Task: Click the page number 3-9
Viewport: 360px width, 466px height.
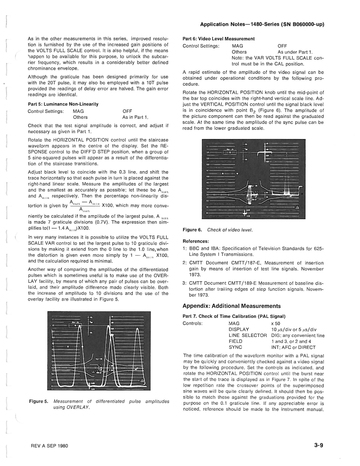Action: click(x=318, y=445)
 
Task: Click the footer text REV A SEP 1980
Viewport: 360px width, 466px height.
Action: click(x=48, y=446)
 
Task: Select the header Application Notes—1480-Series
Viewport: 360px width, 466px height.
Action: click(x=262, y=24)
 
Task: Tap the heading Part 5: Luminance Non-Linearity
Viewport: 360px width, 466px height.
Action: click(x=63, y=104)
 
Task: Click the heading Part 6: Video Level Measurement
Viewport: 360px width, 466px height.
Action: click(x=218, y=39)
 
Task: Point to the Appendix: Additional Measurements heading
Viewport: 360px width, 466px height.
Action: click(x=232, y=306)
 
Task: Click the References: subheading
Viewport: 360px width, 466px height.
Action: click(x=196, y=241)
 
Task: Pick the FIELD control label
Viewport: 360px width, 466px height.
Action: click(x=235, y=341)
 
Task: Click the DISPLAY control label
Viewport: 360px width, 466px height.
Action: click(x=239, y=330)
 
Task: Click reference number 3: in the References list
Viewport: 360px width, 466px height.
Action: click(x=184, y=283)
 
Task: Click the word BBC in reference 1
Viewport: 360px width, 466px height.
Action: click(x=194, y=249)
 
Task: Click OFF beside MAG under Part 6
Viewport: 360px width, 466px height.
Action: click(x=282, y=46)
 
